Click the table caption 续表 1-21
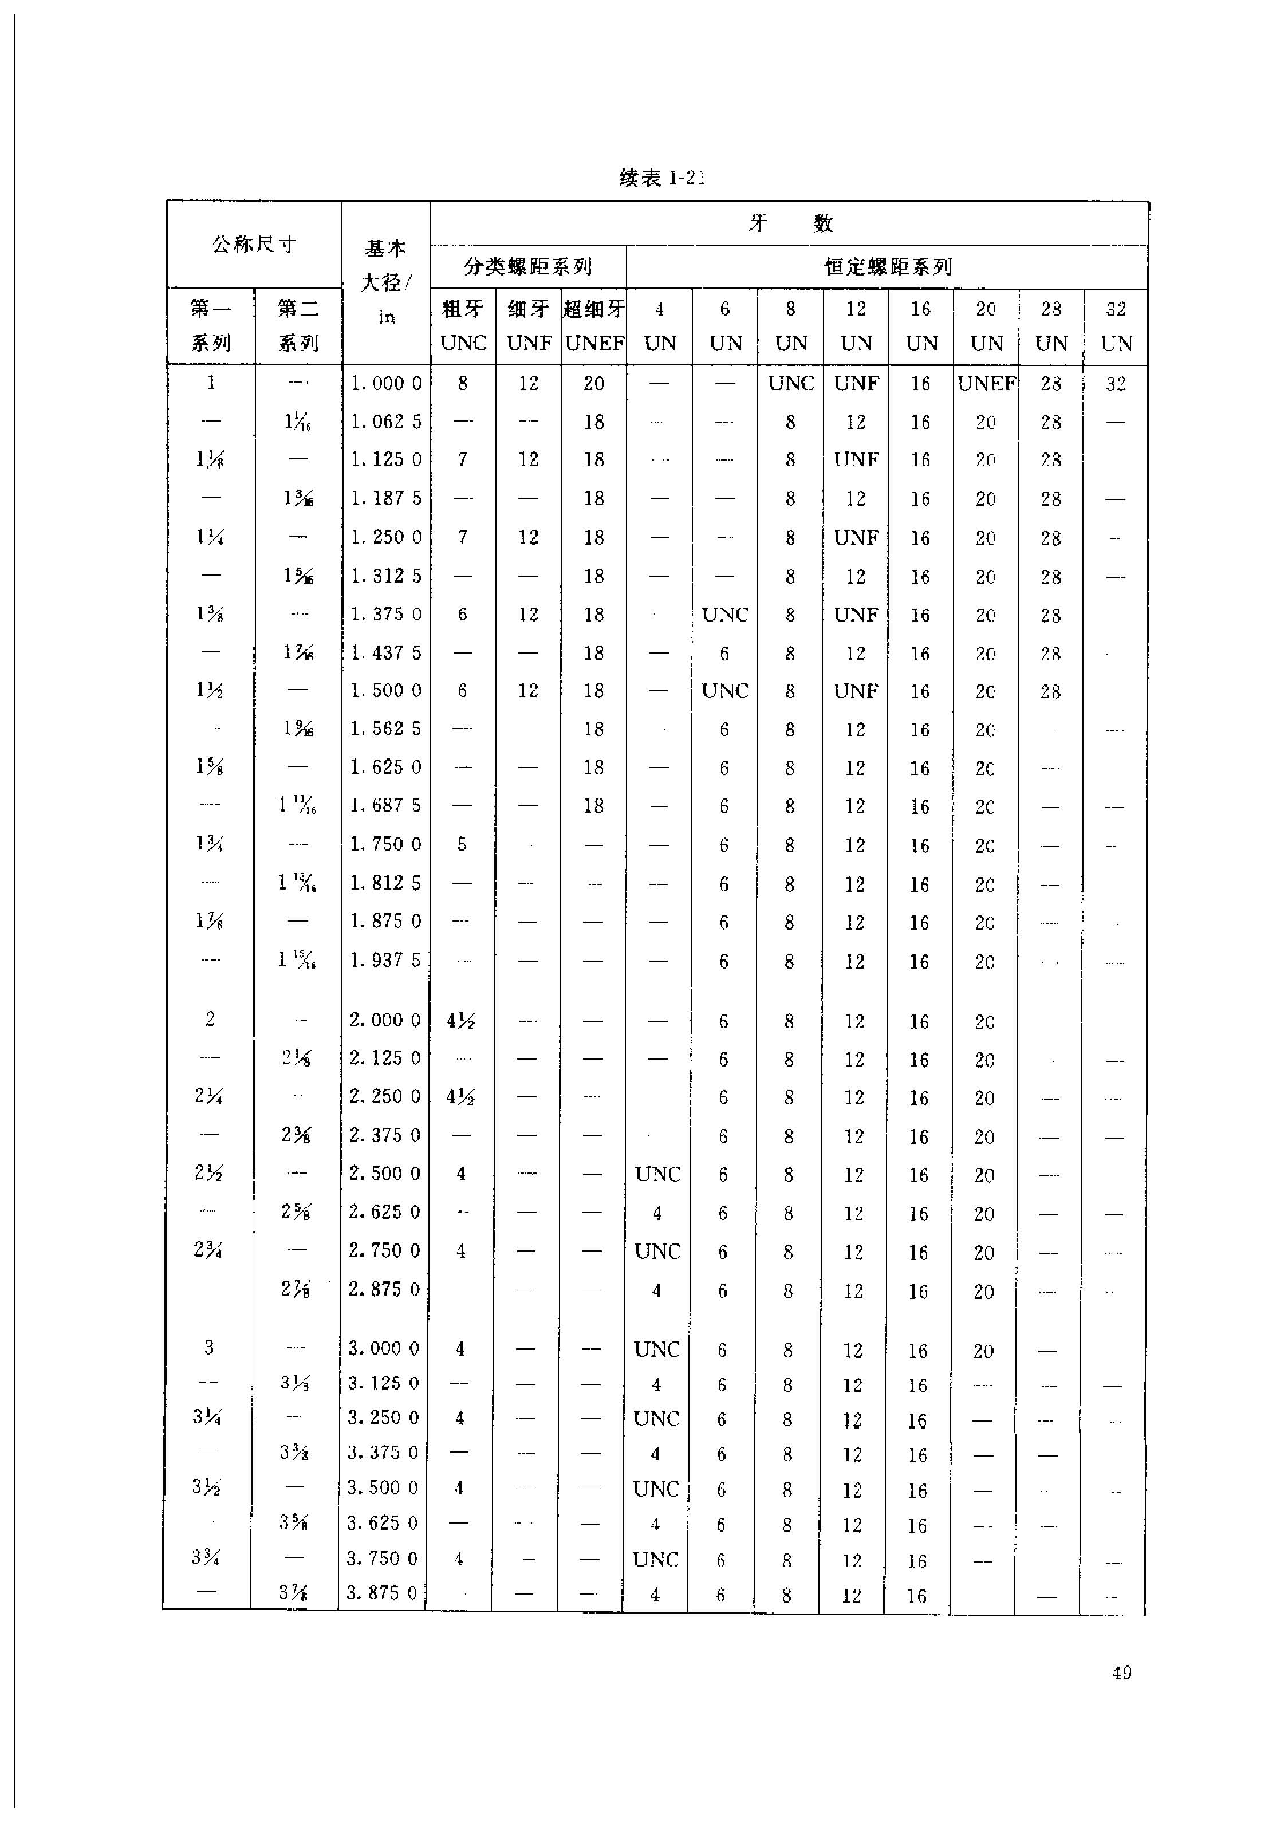(662, 178)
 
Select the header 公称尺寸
(254, 245)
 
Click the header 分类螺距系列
(527, 267)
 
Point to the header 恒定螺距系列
(887, 267)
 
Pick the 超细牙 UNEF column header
(594, 326)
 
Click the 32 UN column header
(1116, 326)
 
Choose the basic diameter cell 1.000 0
(385, 383)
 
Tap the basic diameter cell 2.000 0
(385, 1020)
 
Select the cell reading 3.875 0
(383, 1593)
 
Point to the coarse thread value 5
(462, 844)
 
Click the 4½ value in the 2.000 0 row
(460, 1021)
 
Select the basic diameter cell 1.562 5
(385, 729)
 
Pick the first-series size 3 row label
(208, 1347)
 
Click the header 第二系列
(298, 326)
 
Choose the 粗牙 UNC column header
(463, 326)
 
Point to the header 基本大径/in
(385, 282)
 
